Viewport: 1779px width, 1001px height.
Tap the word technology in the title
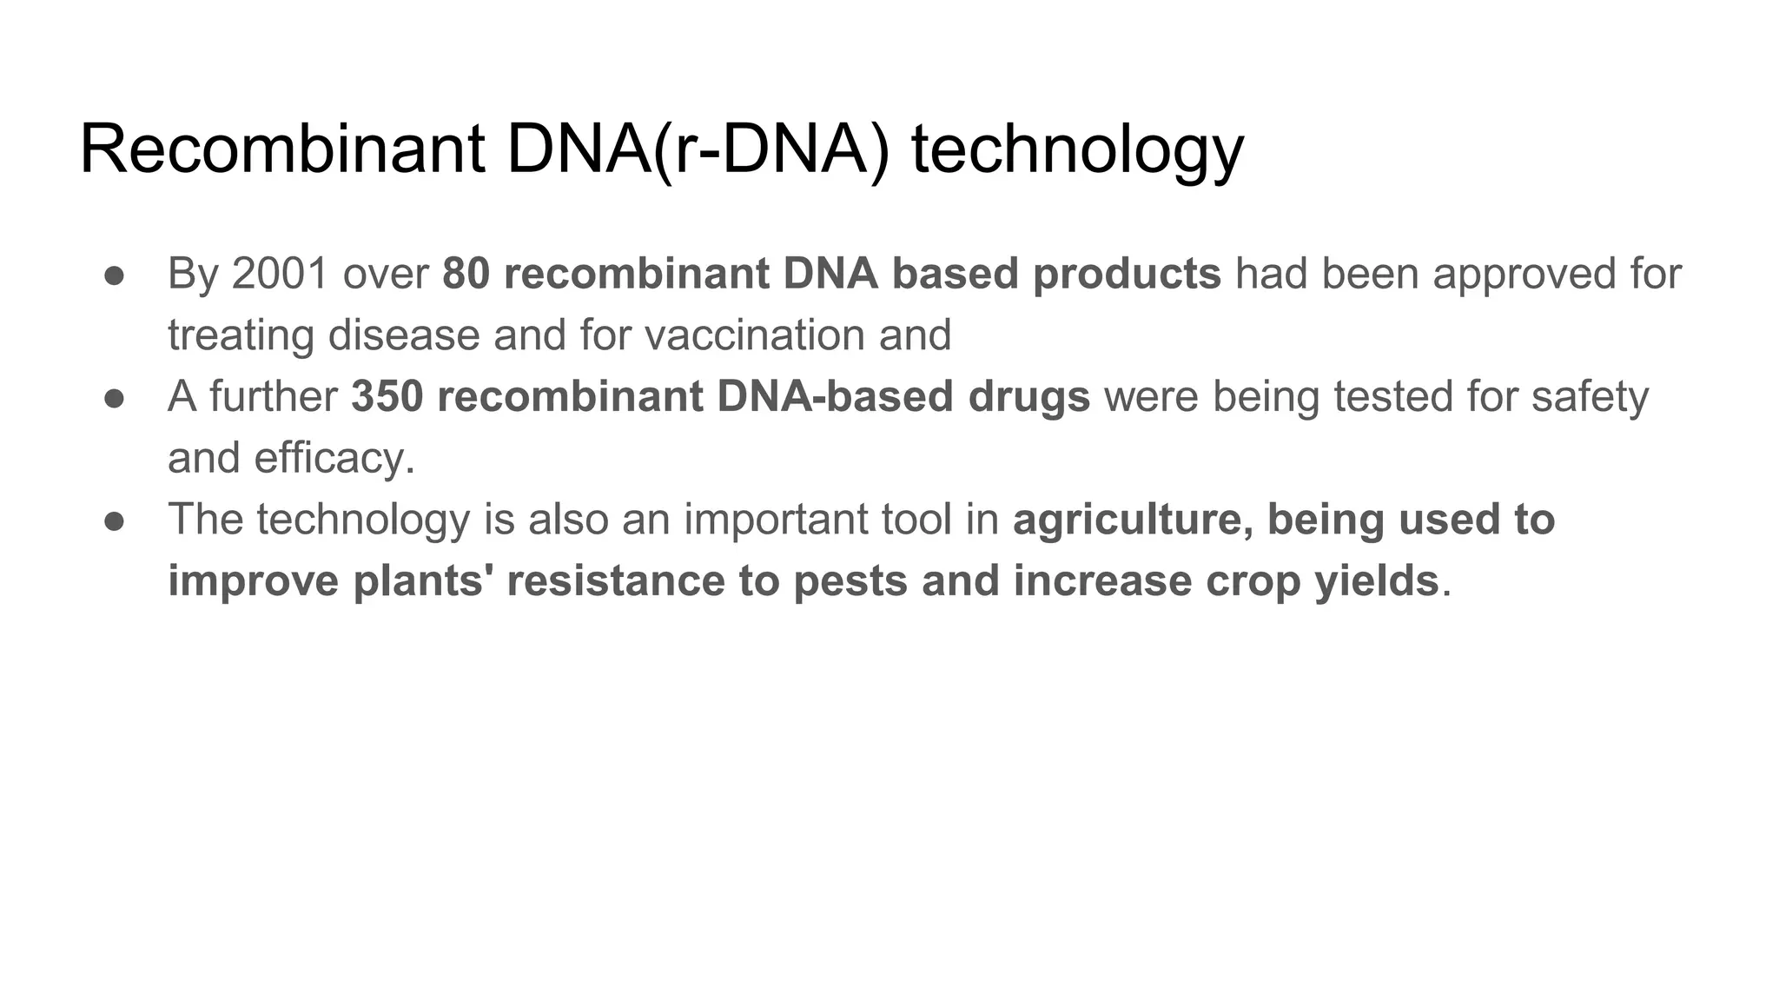(1077, 149)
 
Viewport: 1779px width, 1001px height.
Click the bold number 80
(466, 274)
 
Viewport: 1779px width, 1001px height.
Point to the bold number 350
(387, 397)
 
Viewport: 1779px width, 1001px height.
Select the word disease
(403, 335)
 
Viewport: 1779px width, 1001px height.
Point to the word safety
(1589, 397)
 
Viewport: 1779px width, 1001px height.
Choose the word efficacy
(334, 459)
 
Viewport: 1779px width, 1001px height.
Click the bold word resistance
(616, 581)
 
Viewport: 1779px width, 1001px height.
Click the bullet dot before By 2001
(115, 275)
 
